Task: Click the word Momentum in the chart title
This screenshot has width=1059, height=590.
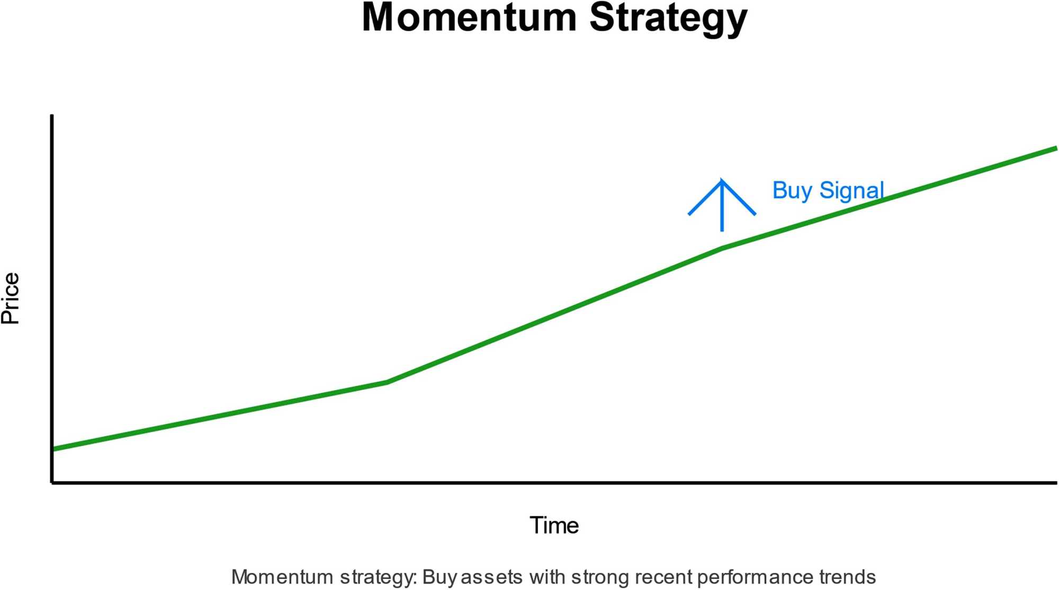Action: coord(469,18)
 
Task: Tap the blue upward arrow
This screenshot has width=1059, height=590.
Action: coord(722,207)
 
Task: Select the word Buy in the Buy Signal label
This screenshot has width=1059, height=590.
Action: coord(792,191)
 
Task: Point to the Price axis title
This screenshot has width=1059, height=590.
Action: coord(11,298)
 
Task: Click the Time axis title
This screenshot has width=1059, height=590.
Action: coord(554,525)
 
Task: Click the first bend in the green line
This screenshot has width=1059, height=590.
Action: coord(388,382)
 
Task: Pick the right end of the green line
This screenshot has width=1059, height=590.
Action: coord(1056,148)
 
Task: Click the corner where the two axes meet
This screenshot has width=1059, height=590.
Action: coord(52,482)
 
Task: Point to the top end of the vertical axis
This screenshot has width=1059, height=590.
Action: coord(52,116)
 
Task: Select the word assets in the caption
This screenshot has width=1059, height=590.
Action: coord(491,577)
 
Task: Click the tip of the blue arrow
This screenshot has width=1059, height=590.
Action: coord(722,180)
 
